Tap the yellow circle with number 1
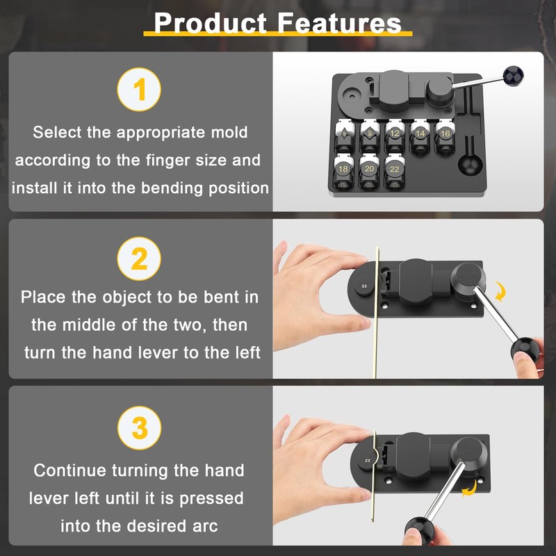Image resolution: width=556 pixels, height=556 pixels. [x=140, y=90]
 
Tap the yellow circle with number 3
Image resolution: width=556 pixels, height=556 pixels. [x=140, y=428]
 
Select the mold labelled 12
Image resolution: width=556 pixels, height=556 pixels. [x=394, y=134]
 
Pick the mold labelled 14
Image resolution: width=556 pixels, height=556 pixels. [x=420, y=134]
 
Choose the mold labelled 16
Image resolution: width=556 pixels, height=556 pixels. [x=444, y=134]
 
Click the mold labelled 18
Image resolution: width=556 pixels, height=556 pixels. [x=343, y=170]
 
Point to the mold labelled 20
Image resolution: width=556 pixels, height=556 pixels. [x=369, y=170]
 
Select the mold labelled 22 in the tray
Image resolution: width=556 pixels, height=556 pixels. [x=394, y=170]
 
